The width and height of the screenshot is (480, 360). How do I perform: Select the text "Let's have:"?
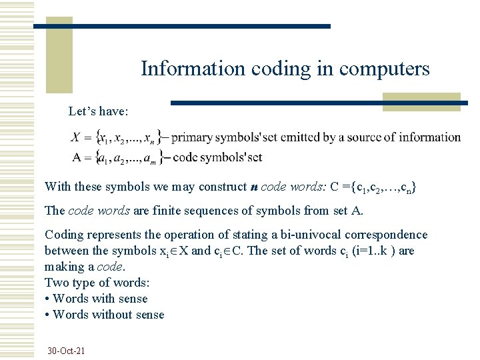coord(98,111)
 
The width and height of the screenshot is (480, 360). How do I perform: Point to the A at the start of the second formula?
coord(77,157)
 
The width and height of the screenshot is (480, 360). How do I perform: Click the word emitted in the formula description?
coord(299,138)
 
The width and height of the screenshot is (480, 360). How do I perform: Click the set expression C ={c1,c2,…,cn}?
coord(373,187)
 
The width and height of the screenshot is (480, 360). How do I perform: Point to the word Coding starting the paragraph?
coord(63,235)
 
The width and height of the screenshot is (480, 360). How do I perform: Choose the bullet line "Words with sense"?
coord(100,299)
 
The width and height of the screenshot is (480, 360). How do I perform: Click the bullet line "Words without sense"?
coord(108,315)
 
